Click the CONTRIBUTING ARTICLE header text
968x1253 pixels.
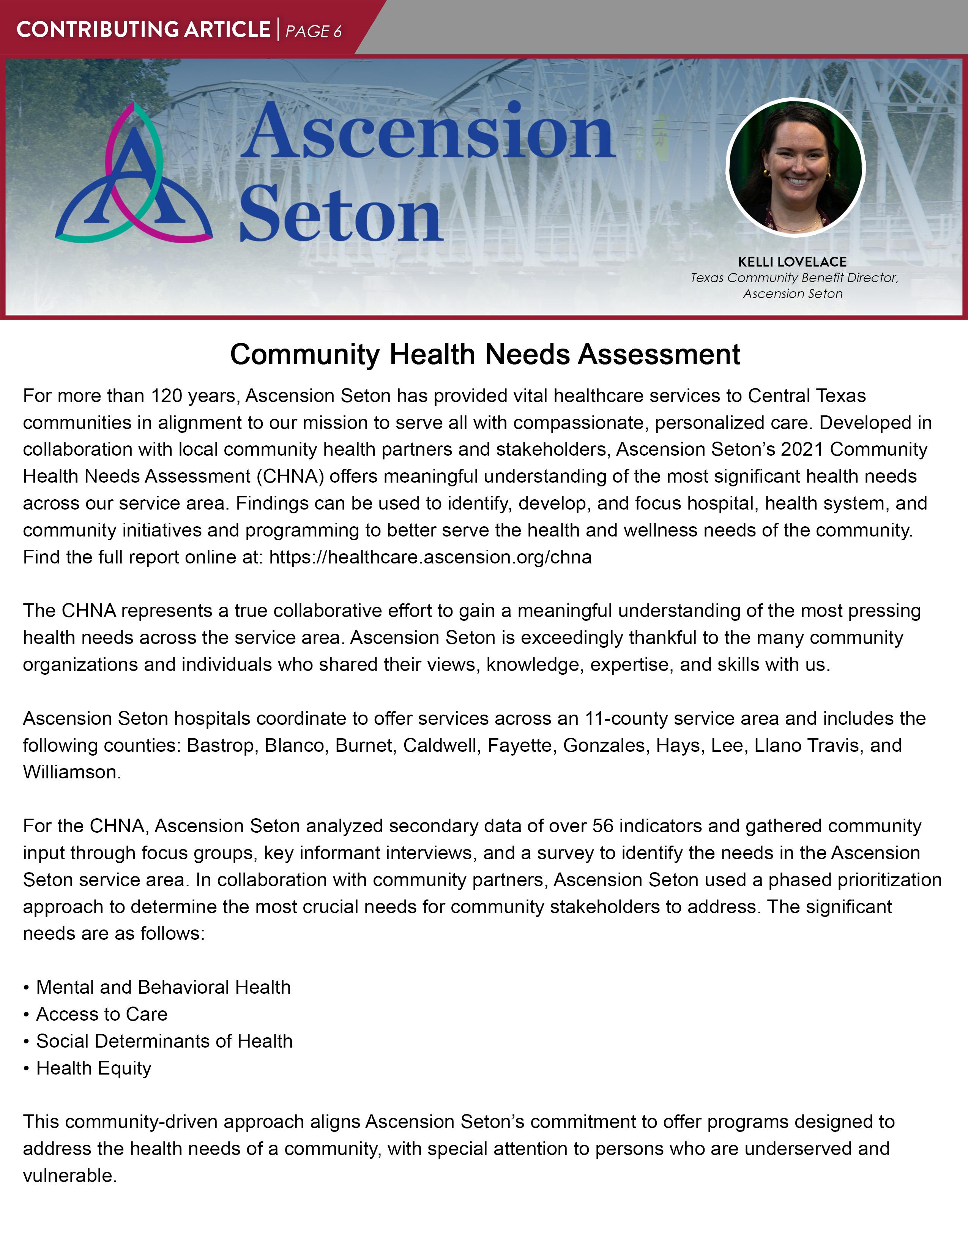click(x=143, y=29)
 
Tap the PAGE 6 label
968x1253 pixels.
click(x=313, y=31)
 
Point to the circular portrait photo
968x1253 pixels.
click(x=795, y=167)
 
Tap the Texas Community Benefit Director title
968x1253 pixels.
click(x=794, y=278)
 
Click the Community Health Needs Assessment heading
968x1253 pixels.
click(x=485, y=354)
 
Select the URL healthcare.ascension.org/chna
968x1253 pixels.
click(x=430, y=557)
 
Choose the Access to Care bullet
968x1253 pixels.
click(x=101, y=1014)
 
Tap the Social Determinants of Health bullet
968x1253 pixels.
click(x=164, y=1041)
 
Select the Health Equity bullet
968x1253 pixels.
click(x=93, y=1068)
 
